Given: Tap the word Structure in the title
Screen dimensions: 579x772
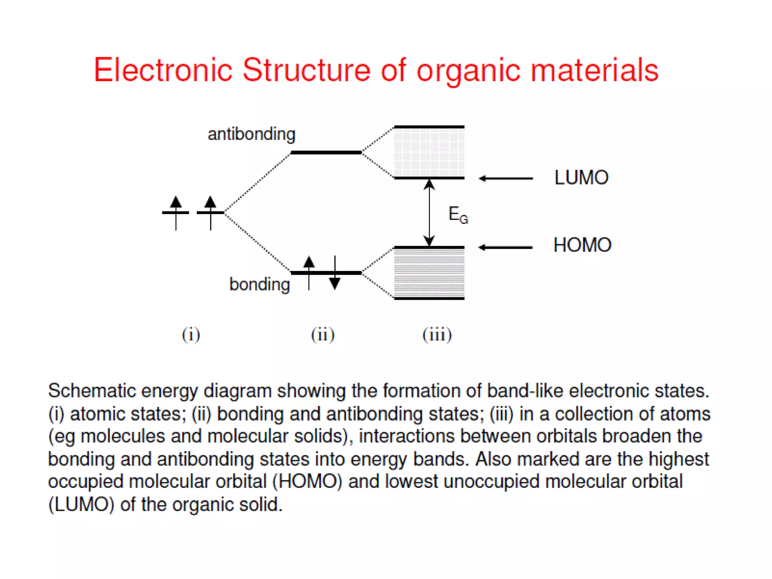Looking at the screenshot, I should (306, 70).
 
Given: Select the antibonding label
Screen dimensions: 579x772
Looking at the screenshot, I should (251, 135).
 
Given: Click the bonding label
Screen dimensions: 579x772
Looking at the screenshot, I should (259, 284).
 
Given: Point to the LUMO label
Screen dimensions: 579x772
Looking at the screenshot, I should (581, 178).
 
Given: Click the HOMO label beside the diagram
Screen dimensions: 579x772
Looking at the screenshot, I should (582, 245).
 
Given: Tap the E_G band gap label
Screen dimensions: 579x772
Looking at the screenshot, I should (458, 215).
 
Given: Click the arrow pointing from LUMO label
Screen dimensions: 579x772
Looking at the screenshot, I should (505, 178).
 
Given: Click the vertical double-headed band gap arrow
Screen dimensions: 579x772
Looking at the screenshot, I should (429, 213).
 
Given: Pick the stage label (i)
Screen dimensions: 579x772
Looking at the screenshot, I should (191, 335).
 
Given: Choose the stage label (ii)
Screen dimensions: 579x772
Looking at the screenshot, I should (323, 335).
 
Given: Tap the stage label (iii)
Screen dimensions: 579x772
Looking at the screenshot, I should (437, 335).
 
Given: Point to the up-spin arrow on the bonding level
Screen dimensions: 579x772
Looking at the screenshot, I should (309, 272).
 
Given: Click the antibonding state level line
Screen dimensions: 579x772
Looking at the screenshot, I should (326, 153).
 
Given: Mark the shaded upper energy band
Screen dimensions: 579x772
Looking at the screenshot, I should (429, 152).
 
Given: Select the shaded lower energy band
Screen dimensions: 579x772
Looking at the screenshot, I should (429, 273).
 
